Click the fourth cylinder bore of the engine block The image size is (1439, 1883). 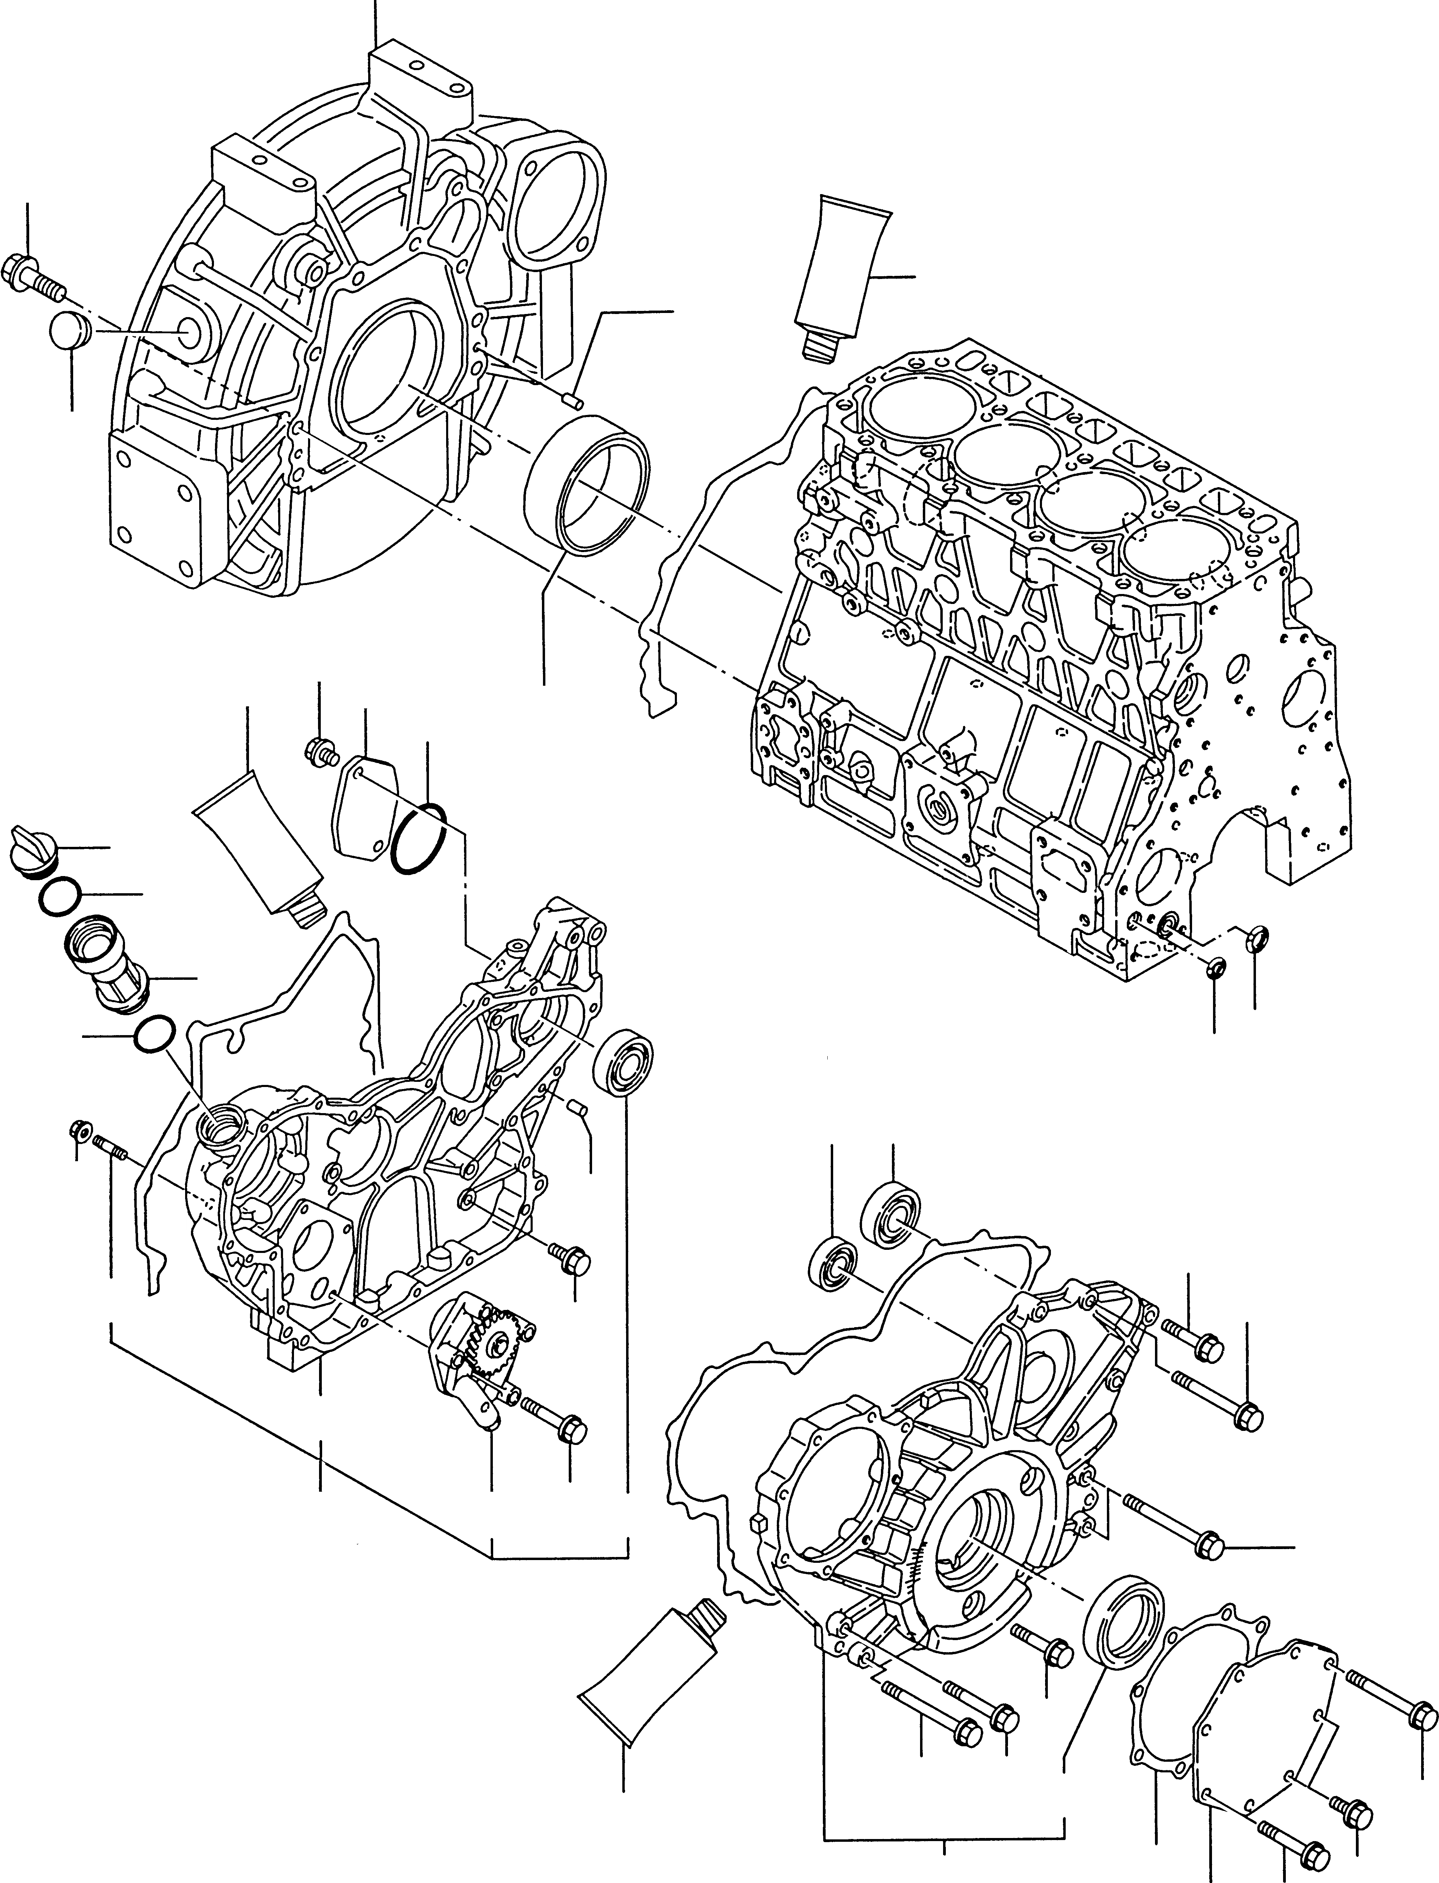(1174, 551)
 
